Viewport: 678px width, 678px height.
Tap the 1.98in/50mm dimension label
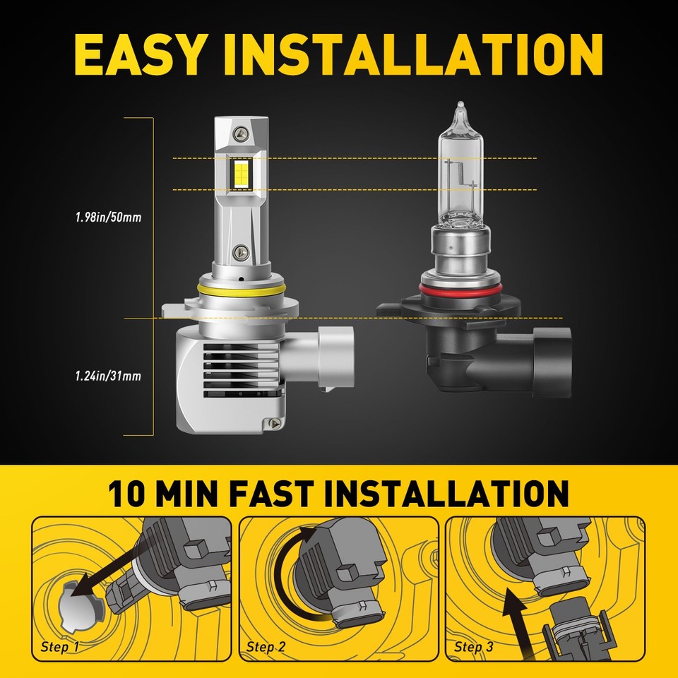[109, 217]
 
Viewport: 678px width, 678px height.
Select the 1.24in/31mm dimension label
[109, 376]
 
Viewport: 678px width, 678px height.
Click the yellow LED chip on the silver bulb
[242, 173]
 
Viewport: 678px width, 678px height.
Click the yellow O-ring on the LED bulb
[242, 290]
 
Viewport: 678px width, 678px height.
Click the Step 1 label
[60, 647]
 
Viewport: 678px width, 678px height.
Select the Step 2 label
[266, 647]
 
